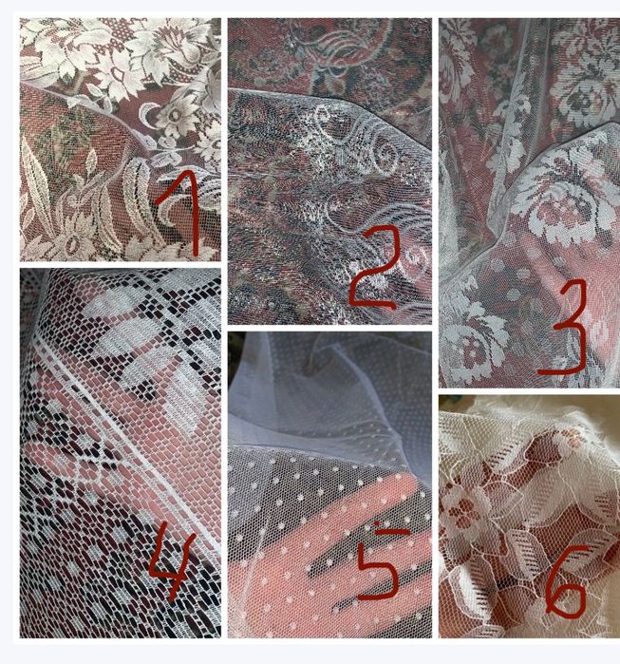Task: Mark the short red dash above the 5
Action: click(393, 531)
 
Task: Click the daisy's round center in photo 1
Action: click(175, 115)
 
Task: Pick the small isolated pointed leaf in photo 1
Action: click(90, 161)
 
